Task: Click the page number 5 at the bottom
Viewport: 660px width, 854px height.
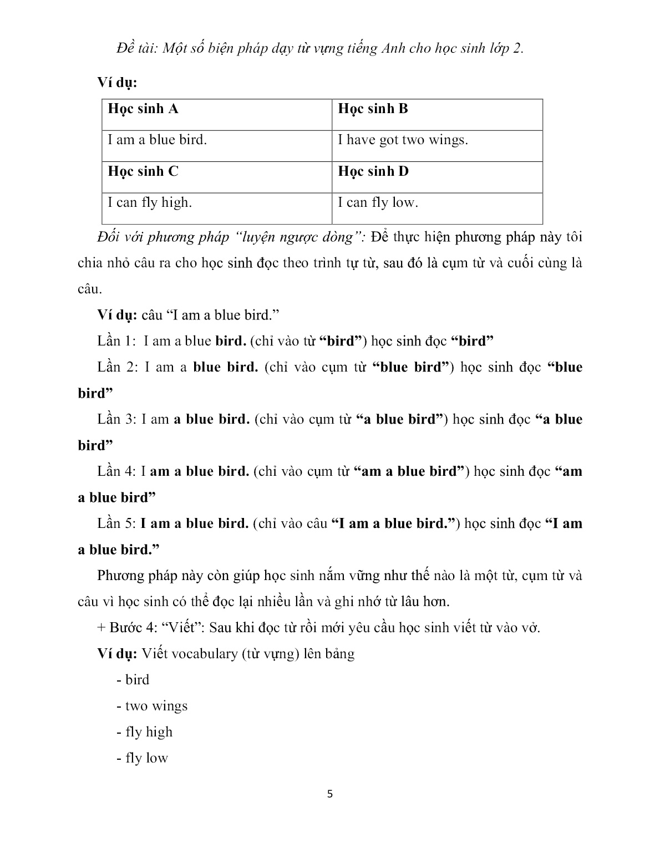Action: [x=330, y=794]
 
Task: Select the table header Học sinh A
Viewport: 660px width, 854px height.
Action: [x=143, y=109]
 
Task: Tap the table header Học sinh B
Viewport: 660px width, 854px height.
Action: [x=373, y=109]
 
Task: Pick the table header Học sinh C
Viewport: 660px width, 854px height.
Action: [x=143, y=171]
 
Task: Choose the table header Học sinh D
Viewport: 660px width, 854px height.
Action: [x=373, y=171]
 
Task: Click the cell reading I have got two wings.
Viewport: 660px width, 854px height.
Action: [x=403, y=140]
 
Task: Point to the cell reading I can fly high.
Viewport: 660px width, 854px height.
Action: [x=150, y=202]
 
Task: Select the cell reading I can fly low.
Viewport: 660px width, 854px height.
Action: [x=378, y=202]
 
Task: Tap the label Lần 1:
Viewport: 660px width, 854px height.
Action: [x=116, y=341]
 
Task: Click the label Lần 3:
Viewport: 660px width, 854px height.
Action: [x=116, y=419]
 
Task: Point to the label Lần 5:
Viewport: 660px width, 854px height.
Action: [x=116, y=523]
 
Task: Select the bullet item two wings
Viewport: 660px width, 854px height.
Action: [x=156, y=706]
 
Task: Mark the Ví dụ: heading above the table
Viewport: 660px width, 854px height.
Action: [x=117, y=83]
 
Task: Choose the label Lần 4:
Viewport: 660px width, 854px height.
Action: [x=116, y=471]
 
